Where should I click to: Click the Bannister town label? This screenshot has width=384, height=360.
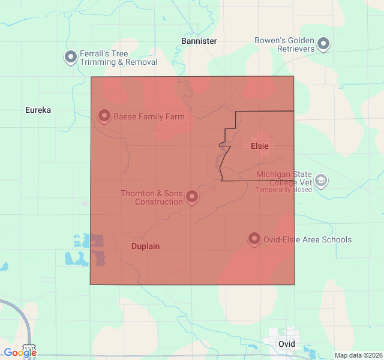click(199, 41)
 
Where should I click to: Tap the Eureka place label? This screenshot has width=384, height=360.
click(38, 110)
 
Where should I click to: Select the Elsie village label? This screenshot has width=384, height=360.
click(259, 145)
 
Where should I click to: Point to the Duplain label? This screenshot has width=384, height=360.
click(145, 246)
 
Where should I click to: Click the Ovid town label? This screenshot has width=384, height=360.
click(287, 344)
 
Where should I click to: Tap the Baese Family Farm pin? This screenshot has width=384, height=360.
click(104, 115)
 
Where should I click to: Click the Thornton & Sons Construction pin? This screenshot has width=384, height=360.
click(192, 196)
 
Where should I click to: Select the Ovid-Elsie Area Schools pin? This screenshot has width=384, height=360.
click(254, 239)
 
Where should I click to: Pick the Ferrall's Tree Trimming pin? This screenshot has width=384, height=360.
click(71, 56)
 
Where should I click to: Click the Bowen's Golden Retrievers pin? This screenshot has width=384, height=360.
click(324, 43)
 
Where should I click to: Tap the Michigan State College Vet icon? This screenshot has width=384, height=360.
click(321, 180)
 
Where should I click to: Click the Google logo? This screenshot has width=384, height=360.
click(20, 353)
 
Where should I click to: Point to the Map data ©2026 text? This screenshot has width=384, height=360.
click(358, 355)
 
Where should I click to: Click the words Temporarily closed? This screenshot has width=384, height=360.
click(284, 190)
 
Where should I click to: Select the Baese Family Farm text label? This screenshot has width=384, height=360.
click(149, 116)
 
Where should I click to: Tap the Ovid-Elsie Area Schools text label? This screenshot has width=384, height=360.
click(308, 239)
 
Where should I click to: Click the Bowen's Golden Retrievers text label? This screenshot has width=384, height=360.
click(284, 44)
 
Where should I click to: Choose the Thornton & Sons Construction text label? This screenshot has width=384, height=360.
click(152, 197)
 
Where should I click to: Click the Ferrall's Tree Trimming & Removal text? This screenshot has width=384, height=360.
click(118, 58)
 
